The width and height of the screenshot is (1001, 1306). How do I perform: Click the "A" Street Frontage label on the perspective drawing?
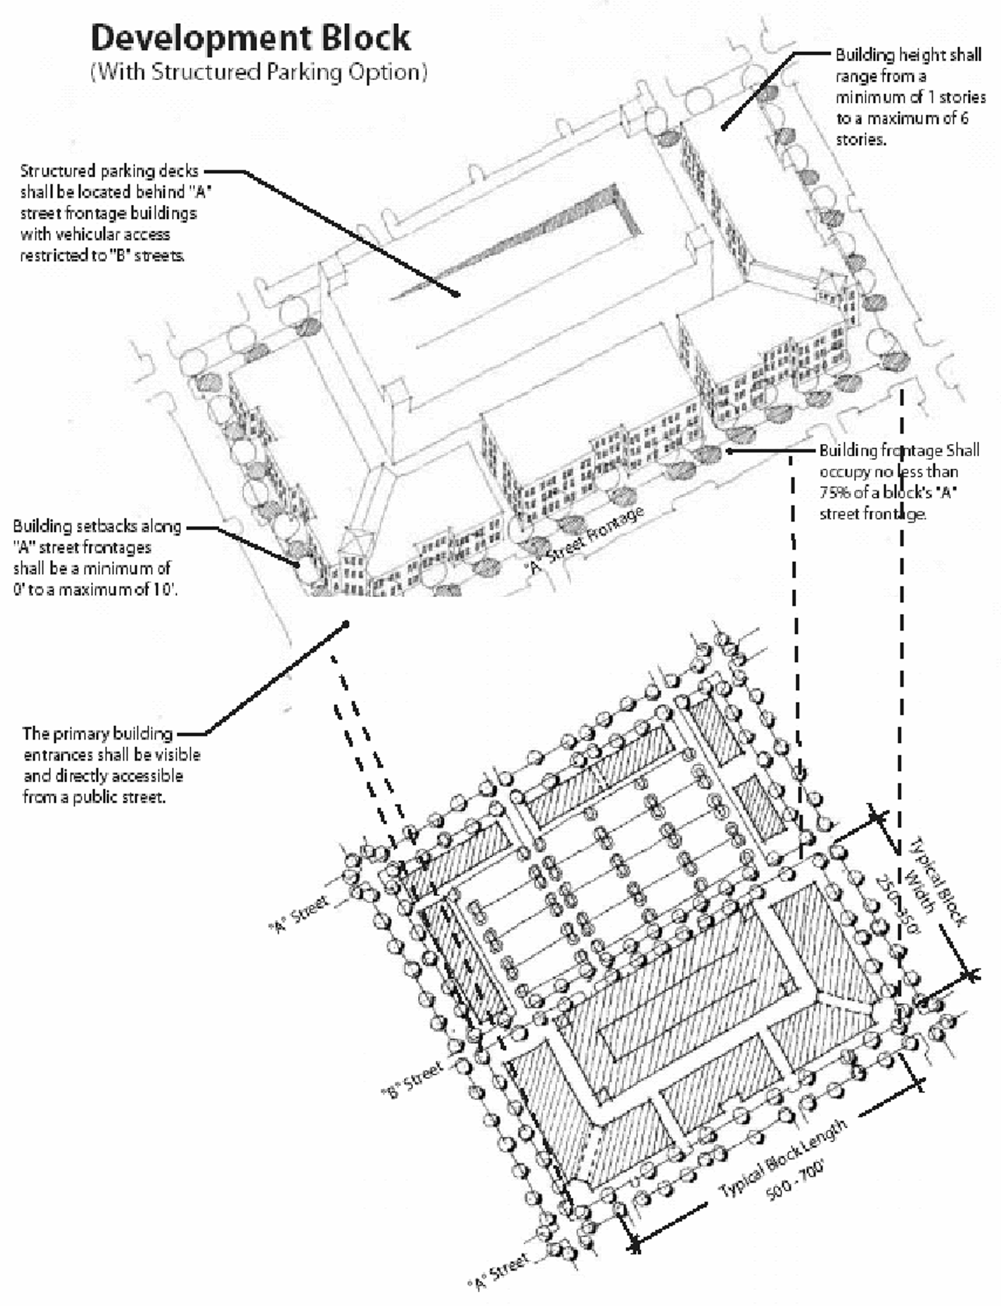tap(586, 540)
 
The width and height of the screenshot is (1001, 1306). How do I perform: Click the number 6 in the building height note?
tap(963, 118)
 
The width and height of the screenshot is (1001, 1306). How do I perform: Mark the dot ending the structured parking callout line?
tap(457, 294)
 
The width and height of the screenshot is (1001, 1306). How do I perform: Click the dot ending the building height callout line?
tap(724, 127)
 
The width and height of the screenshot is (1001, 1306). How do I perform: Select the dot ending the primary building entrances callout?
tap(345, 625)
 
